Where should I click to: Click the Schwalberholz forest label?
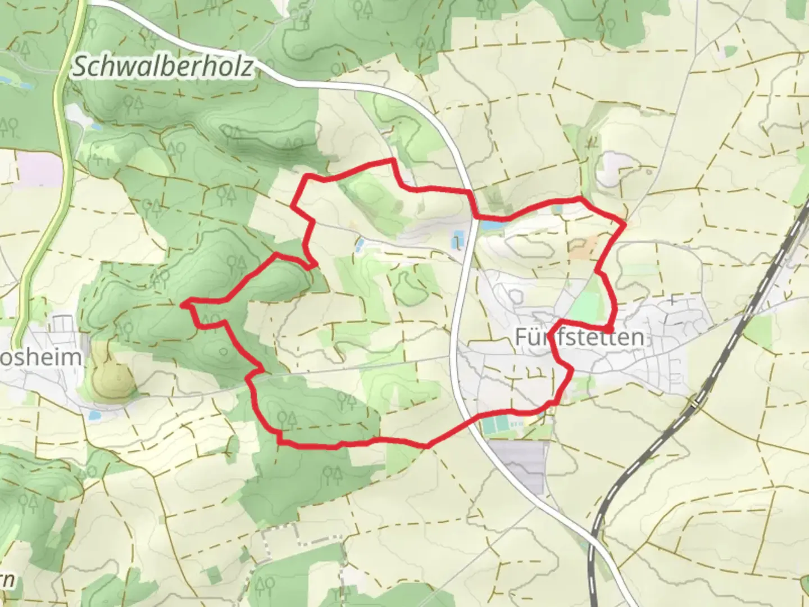[x=162, y=67]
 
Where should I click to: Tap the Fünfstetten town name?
[x=579, y=337]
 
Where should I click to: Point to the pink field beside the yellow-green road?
[x=39, y=167]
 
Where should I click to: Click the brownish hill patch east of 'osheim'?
[x=111, y=371]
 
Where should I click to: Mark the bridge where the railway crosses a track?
[x=696, y=402]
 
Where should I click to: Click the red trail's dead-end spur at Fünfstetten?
[x=610, y=327]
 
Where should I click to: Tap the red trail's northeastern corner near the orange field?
[x=624, y=224]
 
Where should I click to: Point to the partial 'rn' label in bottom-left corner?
[x=7, y=581]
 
